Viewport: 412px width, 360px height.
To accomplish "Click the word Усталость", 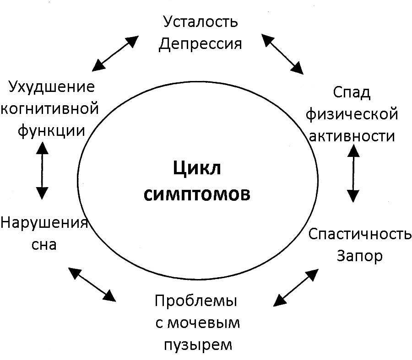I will click(x=201, y=21).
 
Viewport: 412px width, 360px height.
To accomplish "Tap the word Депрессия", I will click(x=201, y=44).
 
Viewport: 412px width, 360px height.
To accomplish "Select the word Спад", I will click(x=351, y=92).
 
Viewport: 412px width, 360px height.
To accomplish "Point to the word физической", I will click(x=351, y=114).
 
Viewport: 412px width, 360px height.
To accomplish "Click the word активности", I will click(x=351, y=136).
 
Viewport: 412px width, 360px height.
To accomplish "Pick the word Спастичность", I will click(x=359, y=235).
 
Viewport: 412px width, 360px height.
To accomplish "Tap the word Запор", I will click(x=359, y=256).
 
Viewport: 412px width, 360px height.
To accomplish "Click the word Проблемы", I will click(x=196, y=301).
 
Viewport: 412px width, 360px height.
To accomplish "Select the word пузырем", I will click(x=197, y=344).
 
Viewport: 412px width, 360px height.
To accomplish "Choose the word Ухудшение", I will click(x=51, y=87).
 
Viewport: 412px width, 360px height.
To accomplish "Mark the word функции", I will click(x=51, y=130).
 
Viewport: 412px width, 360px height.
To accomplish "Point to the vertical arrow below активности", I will click(x=353, y=172).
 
